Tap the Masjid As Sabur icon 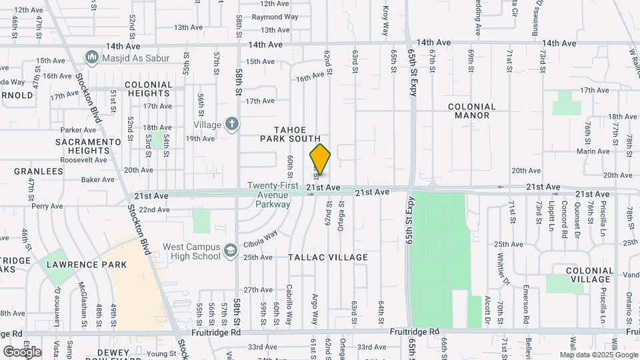click(x=91, y=58)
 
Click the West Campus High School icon click(x=230, y=250)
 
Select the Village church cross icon click(x=231, y=123)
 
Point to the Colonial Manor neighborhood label click(x=472, y=111)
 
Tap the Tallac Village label click(x=328, y=257)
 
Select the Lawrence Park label click(x=86, y=265)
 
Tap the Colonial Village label click(x=589, y=275)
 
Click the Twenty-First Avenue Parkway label click(x=270, y=195)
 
